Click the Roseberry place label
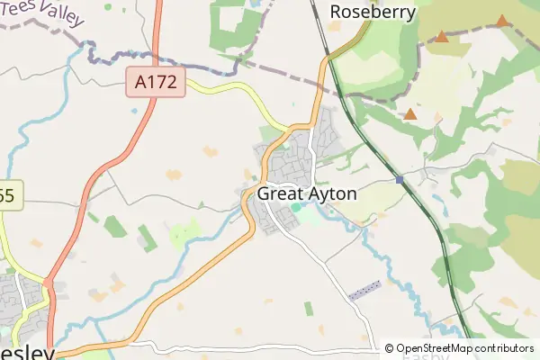(x=373, y=12)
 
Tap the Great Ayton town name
(x=307, y=193)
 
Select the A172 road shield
(x=155, y=84)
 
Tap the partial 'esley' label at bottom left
(x=27, y=352)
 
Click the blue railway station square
(x=399, y=179)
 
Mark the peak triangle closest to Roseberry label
(x=442, y=37)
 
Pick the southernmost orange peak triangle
(x=410, y=114)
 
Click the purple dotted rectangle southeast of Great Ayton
(x=364, y=290)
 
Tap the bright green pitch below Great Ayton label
(x=296, y=210)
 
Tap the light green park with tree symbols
(x=185, y=233)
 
